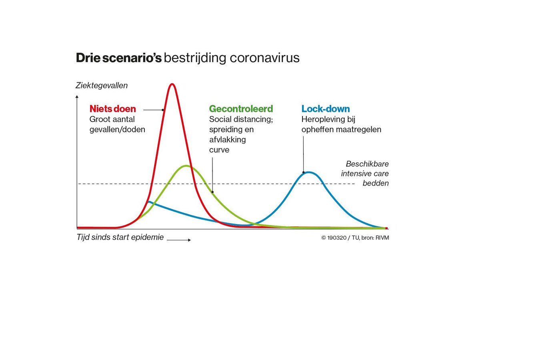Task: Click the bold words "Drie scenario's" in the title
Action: pyautogui.click(x=118, y=58)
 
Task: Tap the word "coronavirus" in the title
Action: pyautogui.click(x=265, y=58)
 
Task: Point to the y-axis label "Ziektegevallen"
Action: pyautogui.click(x=102, y=86)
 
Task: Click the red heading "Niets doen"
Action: pyautogui.click(x=112, y=109)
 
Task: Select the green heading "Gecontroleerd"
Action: pyautogui.click(x=241, y=109)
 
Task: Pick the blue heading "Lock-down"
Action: pyautogui.click(x=325, y=109)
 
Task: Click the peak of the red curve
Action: pyautogui.click(x=172, y=84)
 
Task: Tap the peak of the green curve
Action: pyautogui.click(x=186, y=166)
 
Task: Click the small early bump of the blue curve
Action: pyautogui.click(x=149, y=202)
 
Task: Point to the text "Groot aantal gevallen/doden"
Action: pyautogui.click(x=117, y=124)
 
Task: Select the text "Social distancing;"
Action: pyautogui.click(x=241, y=119)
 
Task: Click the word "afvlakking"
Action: pyautogui.click(x=227, y=140)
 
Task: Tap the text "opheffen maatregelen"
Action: pyautogui.click(x=341, y=130)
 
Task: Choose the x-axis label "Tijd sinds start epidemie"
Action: pyautogui.click(x=120, y=238)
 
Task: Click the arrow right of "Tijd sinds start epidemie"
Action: pyautogui.click(x=179, y=240)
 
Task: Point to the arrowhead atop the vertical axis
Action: pyautogui.click(x=77, y=96)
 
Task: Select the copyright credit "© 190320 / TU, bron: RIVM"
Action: pyautogui.click(x=355, y=238)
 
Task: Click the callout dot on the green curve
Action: pyautogui.click(x=212, y=192)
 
